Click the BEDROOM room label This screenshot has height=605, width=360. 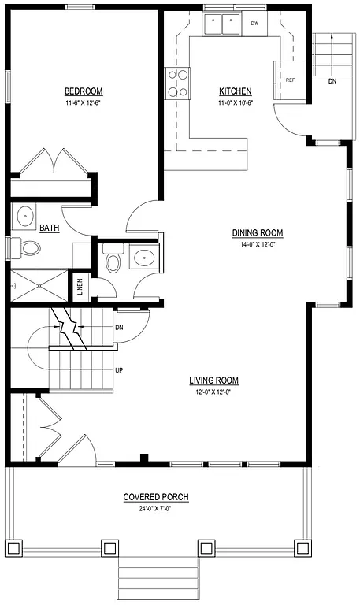pos(83,91)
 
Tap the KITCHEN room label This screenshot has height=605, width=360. pos(235,91)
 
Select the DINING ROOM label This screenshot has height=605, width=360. pos(257,232)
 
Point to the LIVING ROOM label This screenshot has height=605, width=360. pos(213,380)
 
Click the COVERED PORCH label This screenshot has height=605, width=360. pos(155,497)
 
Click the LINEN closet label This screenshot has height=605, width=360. pos(80,286)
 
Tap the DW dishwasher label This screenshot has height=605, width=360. pos(254,24)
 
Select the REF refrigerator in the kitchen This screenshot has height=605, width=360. pos(289,80)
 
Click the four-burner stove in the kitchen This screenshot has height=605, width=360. pos(177,83)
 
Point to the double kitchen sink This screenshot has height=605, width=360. pos(221,25)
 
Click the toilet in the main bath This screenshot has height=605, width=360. pos(29,248)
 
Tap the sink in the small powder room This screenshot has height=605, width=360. pos(144,257)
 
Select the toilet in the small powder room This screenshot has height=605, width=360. pos(113,259)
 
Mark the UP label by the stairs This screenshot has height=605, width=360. pos(119,369)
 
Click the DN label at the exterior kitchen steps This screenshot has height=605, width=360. pos(332,80)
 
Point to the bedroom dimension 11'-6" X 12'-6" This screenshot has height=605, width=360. pos(83,103)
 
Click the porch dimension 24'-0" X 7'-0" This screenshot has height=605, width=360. pos(155,509)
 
